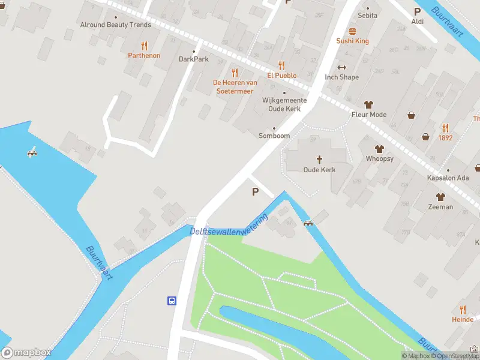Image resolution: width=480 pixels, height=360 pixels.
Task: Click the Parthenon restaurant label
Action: coord(144,55)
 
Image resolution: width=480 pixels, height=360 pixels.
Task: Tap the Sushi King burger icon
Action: coord(352,31)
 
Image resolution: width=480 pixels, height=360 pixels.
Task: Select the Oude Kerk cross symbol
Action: coord(319,160)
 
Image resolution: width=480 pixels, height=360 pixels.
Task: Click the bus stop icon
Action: coord(172,301)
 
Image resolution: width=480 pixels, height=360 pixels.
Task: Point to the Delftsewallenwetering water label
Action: coord(229,228)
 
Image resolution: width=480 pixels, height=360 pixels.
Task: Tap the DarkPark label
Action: coord(193,59)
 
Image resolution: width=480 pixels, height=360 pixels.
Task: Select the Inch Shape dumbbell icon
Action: coord(342,67)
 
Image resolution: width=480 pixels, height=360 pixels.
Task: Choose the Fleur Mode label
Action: coord(369,115)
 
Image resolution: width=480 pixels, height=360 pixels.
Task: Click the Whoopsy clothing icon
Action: coord(379,149)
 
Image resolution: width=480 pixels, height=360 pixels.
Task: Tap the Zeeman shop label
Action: coord(441,206)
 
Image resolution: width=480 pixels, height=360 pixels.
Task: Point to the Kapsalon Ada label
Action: coord(448,179)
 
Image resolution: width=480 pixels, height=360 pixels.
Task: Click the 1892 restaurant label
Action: coord(445,137)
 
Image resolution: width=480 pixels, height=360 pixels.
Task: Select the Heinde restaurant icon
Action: coord(463,310)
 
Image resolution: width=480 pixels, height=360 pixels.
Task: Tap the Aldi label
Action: coord(418,22)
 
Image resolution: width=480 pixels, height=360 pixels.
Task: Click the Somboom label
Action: coord(274,136)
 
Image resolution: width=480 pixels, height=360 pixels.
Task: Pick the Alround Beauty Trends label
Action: coord(116,25)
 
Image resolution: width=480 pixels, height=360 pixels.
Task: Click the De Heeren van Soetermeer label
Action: coord(235,87)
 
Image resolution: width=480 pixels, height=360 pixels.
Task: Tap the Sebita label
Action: coord(367,16)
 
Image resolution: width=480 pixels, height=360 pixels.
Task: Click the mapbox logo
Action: coord(26,353)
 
